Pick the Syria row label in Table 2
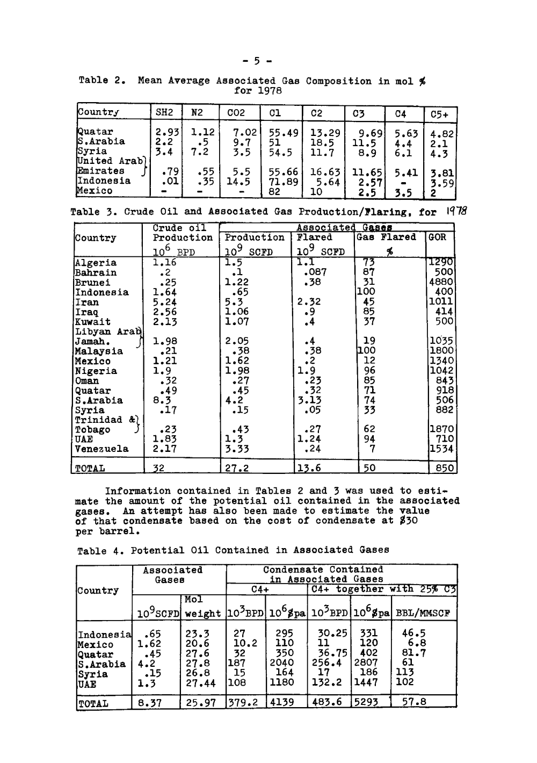[x=92, y=152]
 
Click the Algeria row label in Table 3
[x=96, y=263]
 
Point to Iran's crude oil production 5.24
[x=164, y=302]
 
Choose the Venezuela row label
[x=102, y=449]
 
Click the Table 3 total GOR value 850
[x=445, y=468]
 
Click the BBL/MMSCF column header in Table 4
[x=423, y=613]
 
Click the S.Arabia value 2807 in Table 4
[x=365, y=663]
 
